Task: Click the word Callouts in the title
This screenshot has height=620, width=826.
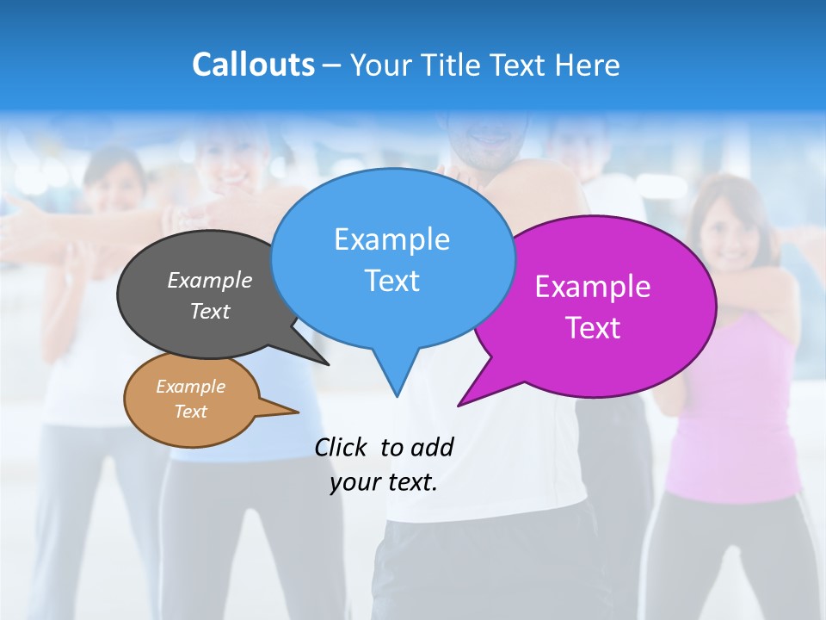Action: [253, 65]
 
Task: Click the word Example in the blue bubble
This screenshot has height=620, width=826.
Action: [391, 239]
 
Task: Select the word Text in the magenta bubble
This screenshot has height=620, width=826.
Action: [593, 328]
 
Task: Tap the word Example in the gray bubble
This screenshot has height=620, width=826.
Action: [210, 281]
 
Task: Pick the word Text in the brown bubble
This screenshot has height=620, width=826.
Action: [191, 412]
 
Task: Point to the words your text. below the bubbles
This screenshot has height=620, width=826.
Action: [384, 482]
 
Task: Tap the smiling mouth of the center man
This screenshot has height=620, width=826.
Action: [489, 138]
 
